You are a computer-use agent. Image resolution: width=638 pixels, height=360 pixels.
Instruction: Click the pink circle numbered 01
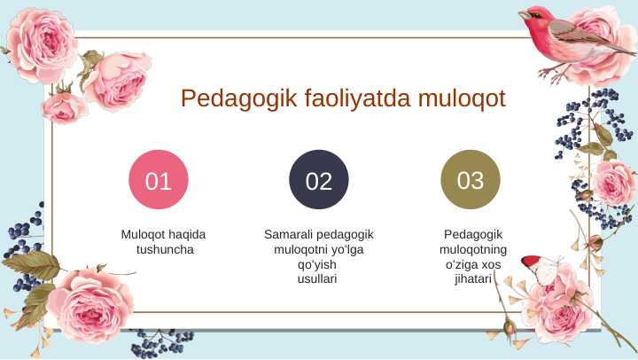click(159, 181)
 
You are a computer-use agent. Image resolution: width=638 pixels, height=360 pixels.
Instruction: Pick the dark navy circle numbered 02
click(319, 181)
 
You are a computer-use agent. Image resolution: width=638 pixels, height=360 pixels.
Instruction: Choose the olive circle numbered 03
click(471, 180)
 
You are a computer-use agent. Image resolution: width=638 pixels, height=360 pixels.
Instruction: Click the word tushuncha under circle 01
click(164, 250)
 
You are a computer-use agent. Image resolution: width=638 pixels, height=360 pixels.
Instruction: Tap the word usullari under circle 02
click(319, 279)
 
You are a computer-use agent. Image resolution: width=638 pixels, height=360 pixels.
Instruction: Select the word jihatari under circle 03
click(472, 279)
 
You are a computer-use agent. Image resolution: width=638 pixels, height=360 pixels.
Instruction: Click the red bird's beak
click(522, 14)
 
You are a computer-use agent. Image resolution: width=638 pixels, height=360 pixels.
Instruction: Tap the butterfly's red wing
click(530, 262)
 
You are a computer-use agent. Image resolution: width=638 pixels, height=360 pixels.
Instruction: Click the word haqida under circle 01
click(187, 235)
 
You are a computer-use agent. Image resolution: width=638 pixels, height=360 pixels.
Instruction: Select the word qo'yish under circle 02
click(319, 265)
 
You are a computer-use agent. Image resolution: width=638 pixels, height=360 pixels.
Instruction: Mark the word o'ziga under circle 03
click(460, 265)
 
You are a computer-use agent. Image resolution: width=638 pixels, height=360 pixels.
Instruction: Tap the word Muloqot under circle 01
click(144, 235)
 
